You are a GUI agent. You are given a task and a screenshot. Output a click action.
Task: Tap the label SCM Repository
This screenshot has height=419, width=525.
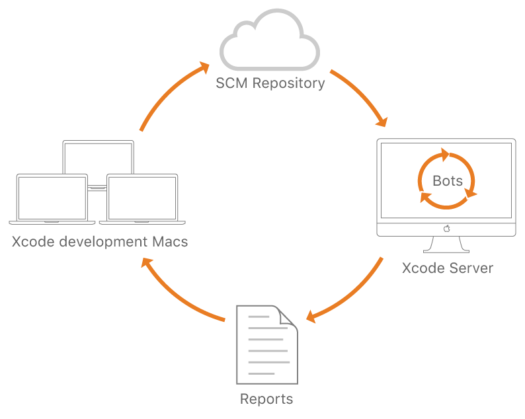pos(270,83)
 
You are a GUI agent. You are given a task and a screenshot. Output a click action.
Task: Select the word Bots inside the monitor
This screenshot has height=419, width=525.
pos(448,180)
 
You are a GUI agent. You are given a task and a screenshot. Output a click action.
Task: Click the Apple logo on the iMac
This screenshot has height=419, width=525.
pos(446,229)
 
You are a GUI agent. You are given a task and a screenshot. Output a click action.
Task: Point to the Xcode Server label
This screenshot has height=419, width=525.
pos(448,268)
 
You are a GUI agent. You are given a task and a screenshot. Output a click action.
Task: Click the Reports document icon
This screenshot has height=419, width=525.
pos(266,344)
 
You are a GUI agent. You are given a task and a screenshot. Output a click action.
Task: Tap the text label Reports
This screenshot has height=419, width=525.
pos(266,399)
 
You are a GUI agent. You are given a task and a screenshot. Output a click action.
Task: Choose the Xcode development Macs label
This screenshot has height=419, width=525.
pos(100,242)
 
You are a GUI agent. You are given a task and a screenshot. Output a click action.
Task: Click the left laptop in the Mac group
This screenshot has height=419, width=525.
pos(52,198)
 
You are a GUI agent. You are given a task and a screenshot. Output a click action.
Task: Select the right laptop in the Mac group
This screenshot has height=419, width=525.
pos(142,198)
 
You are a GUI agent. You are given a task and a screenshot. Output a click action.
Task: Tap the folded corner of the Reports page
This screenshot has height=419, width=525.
pos(288,317)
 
